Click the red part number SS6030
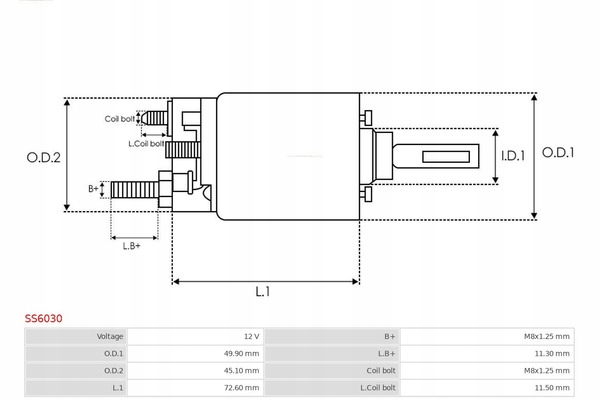(44, 318)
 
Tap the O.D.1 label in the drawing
(558, 153)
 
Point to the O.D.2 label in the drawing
(44, 157)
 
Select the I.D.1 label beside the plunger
(513, 156)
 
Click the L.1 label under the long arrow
(262, 292)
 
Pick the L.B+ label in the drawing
(132, 246)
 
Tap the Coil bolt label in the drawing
(119, 119)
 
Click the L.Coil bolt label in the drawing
(146, 144)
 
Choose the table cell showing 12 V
(196, 336)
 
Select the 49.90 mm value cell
(196, 353)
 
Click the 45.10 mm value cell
(196, 371)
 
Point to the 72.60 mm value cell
(196, 388)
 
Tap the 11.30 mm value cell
(487, 353)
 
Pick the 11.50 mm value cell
(487, 388)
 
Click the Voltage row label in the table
(110, 336)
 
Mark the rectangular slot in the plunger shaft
(446, 157)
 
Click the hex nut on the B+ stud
(165, 189)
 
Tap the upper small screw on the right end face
(366, 117)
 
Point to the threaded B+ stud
(135, 190)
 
